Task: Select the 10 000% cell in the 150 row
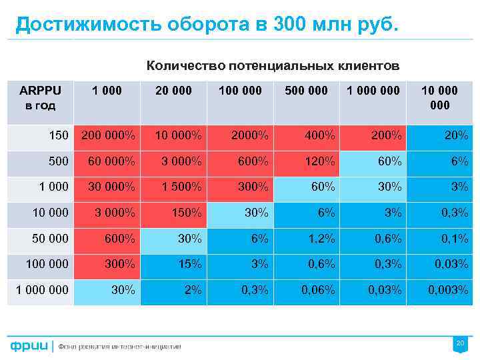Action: [174, 136]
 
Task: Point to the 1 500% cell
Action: [174, 187]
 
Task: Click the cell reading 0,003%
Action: [439, 290]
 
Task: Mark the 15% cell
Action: [174, 265]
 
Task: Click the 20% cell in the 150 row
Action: [439, 136]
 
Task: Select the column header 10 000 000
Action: [439, 97]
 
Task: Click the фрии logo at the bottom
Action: [29, 346]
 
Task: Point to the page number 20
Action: [459, 343]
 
